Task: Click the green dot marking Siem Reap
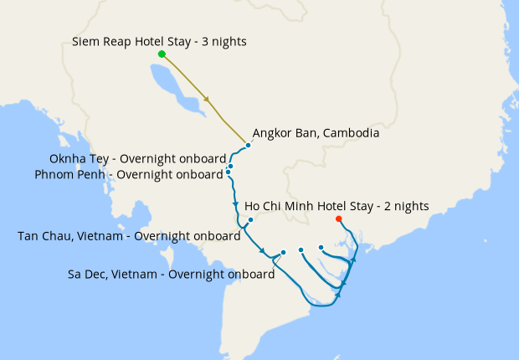[162, 54]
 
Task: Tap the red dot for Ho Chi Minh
[338, 219]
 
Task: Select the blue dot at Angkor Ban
[249, 145]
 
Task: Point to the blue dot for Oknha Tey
[230, 166]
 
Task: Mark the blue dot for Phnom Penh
[228, 172]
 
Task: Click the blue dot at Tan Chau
[250, 220]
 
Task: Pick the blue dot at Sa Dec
[284, 252]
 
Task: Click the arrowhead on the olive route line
[206, 100]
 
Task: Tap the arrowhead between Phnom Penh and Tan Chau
[235, 205]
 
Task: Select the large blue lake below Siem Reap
[172, 85]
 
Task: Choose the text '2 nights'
[407, 206]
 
